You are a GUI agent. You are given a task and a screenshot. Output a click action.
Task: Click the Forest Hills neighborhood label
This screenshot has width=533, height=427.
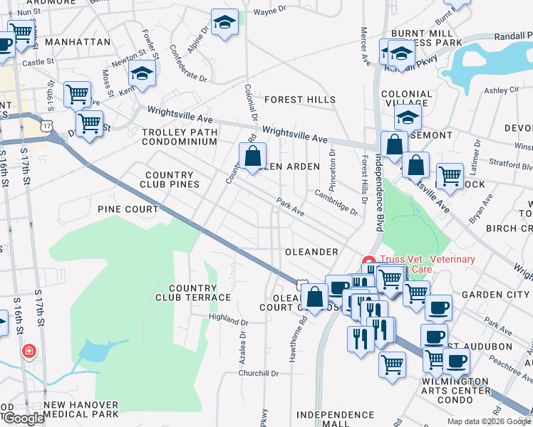click(299, 100)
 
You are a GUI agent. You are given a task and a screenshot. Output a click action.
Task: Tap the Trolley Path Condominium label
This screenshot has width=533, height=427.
click(179, 137)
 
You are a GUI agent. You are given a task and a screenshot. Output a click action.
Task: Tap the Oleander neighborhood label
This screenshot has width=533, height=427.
click(311, 252)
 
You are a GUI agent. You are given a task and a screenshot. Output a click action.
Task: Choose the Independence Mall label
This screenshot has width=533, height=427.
click(335, 418)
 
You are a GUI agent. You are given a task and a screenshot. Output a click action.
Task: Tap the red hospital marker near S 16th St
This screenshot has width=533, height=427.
click(29, 352)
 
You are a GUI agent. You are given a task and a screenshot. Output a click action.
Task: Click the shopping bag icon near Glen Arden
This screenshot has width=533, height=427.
click(252, 157)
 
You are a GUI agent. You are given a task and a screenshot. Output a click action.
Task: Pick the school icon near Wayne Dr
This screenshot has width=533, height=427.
click(224, 23)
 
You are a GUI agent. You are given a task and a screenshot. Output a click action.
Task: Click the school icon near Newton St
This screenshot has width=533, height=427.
click(143, 74)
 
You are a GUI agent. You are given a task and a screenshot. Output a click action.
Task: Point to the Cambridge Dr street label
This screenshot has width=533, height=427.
click(335, 201)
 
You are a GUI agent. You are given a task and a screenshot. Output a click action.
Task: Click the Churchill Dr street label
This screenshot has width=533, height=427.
click(259, 373)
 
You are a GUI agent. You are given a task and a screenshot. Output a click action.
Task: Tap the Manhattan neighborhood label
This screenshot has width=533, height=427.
click(78, 42)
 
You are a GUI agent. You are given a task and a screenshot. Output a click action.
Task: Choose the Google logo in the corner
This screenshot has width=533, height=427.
click(23, 418)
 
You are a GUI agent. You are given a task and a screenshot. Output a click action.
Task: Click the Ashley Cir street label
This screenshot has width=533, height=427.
click(502, 90)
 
